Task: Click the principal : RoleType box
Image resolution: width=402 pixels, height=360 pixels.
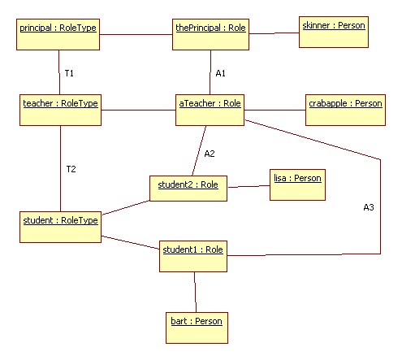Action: [58, 34]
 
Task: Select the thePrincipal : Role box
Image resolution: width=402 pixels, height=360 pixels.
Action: [210, 34]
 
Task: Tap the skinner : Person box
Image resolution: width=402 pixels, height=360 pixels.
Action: [334, 32]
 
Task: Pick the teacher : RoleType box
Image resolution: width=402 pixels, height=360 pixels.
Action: [60, 110]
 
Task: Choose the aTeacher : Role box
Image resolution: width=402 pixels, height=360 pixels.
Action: [210, 110]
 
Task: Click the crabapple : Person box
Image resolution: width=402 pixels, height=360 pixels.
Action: [345, 110]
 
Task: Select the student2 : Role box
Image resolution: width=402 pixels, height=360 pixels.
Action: [188, 189]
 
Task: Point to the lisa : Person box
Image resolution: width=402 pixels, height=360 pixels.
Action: [297, 184]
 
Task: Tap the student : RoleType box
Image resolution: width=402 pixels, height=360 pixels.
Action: [60, 227]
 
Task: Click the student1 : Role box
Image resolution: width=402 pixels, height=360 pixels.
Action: [193, 256]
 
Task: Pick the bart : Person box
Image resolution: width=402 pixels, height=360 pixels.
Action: [197, 327]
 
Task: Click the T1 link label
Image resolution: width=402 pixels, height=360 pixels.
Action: [69, 73]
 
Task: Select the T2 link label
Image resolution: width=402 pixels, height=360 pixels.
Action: [71, 169]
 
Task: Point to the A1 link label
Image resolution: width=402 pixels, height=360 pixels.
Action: [220, 73]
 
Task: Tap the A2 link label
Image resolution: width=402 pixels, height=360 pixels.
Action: [210, 154]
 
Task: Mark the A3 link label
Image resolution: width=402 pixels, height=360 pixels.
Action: [369, 207]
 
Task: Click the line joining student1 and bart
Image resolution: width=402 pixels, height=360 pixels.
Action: [195, 292]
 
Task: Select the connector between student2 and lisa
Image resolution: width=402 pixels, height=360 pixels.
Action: [249, 186]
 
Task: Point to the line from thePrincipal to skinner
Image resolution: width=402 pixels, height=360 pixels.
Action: [274, 33]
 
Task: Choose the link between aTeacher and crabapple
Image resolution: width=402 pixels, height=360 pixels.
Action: [274, 110]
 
